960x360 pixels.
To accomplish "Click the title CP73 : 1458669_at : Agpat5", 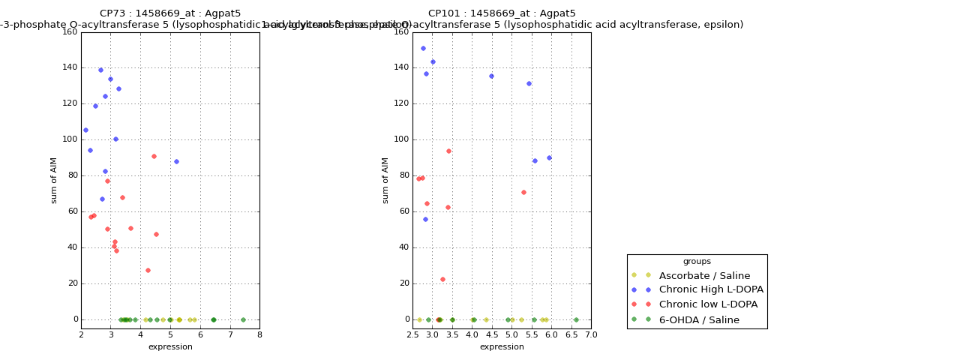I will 170,13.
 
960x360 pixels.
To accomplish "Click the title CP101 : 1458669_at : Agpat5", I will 502,13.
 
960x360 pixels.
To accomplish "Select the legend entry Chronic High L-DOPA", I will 711,289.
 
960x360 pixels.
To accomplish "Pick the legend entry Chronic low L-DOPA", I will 708,304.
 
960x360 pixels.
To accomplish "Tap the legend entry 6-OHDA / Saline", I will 699,320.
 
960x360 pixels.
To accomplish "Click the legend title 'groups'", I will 697,262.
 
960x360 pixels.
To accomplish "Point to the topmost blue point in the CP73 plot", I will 100,70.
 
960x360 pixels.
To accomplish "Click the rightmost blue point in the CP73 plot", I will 176,161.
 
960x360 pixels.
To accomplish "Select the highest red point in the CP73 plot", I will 154,156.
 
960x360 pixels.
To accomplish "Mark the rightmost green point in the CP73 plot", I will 243,319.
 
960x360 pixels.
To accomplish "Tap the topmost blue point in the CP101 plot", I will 423,48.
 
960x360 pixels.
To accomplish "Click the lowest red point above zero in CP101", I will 442,279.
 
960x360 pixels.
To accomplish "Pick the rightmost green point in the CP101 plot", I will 576,319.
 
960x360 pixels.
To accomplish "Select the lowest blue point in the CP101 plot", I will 425,219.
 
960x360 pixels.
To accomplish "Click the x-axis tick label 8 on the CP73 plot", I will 259,335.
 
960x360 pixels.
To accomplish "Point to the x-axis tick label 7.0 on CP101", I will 591,335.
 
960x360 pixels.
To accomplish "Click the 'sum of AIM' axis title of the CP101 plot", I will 385,180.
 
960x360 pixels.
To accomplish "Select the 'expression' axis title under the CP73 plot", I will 170,346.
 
